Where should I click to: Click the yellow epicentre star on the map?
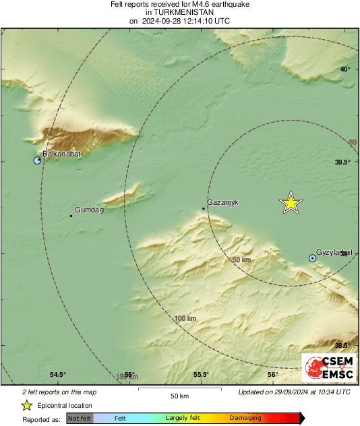pos(291,202)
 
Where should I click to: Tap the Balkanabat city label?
pos(61,154)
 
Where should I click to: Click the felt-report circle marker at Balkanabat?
pos(38,160)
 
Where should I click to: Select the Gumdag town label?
pos(88,210)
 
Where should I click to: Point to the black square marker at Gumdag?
pos(71,216)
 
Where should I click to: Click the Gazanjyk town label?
pos(223,202)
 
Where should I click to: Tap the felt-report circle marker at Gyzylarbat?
pos(312,258)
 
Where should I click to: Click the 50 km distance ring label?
pos(241,260)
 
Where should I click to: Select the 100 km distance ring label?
pos(185,318)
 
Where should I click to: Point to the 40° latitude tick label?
pos(344,69)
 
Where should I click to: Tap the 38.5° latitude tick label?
pos(343,345)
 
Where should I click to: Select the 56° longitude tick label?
pos(272,375)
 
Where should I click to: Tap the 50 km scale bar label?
pos(179,396)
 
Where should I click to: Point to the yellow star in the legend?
pos(26,405)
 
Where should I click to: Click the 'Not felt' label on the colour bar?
pos(80,419)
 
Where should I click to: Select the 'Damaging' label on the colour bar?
pos(245,419)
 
